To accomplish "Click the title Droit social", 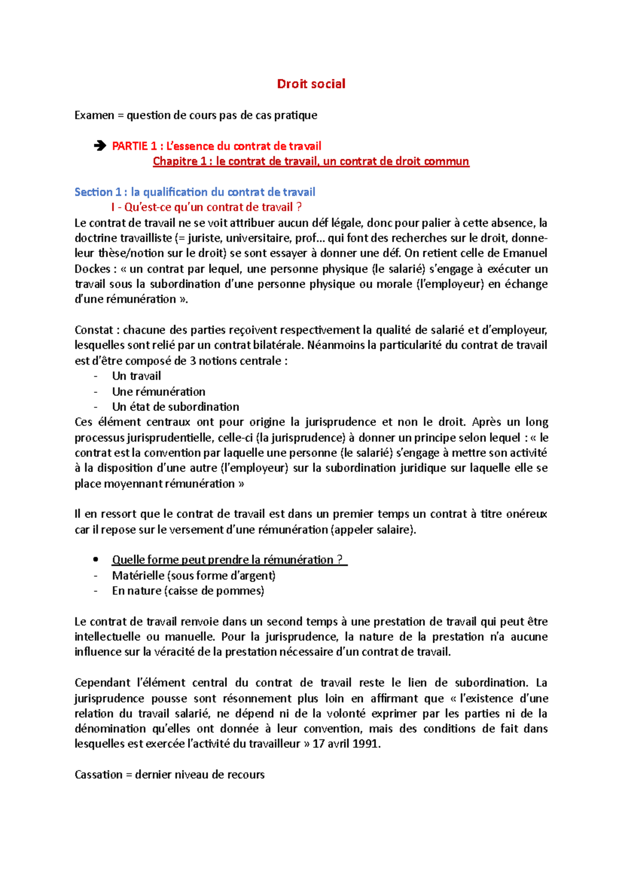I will coord(311,84).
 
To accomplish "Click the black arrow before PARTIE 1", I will coord(100,146).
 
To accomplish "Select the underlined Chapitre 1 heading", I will coord(311,161).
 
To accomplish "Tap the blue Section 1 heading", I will coord(195,192).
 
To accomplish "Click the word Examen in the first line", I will coord(94,115).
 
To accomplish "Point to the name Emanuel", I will coord(525,253).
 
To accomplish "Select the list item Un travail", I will coord(136,376).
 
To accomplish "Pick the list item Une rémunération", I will coord(159,392).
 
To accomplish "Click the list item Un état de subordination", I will coord(176,407).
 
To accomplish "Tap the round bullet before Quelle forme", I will coord(95,560).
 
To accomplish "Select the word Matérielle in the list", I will coord(138,575).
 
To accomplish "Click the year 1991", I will coord(366,744).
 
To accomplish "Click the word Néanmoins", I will coord(336,346).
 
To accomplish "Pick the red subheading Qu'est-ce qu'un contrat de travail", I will coord(206,208).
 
